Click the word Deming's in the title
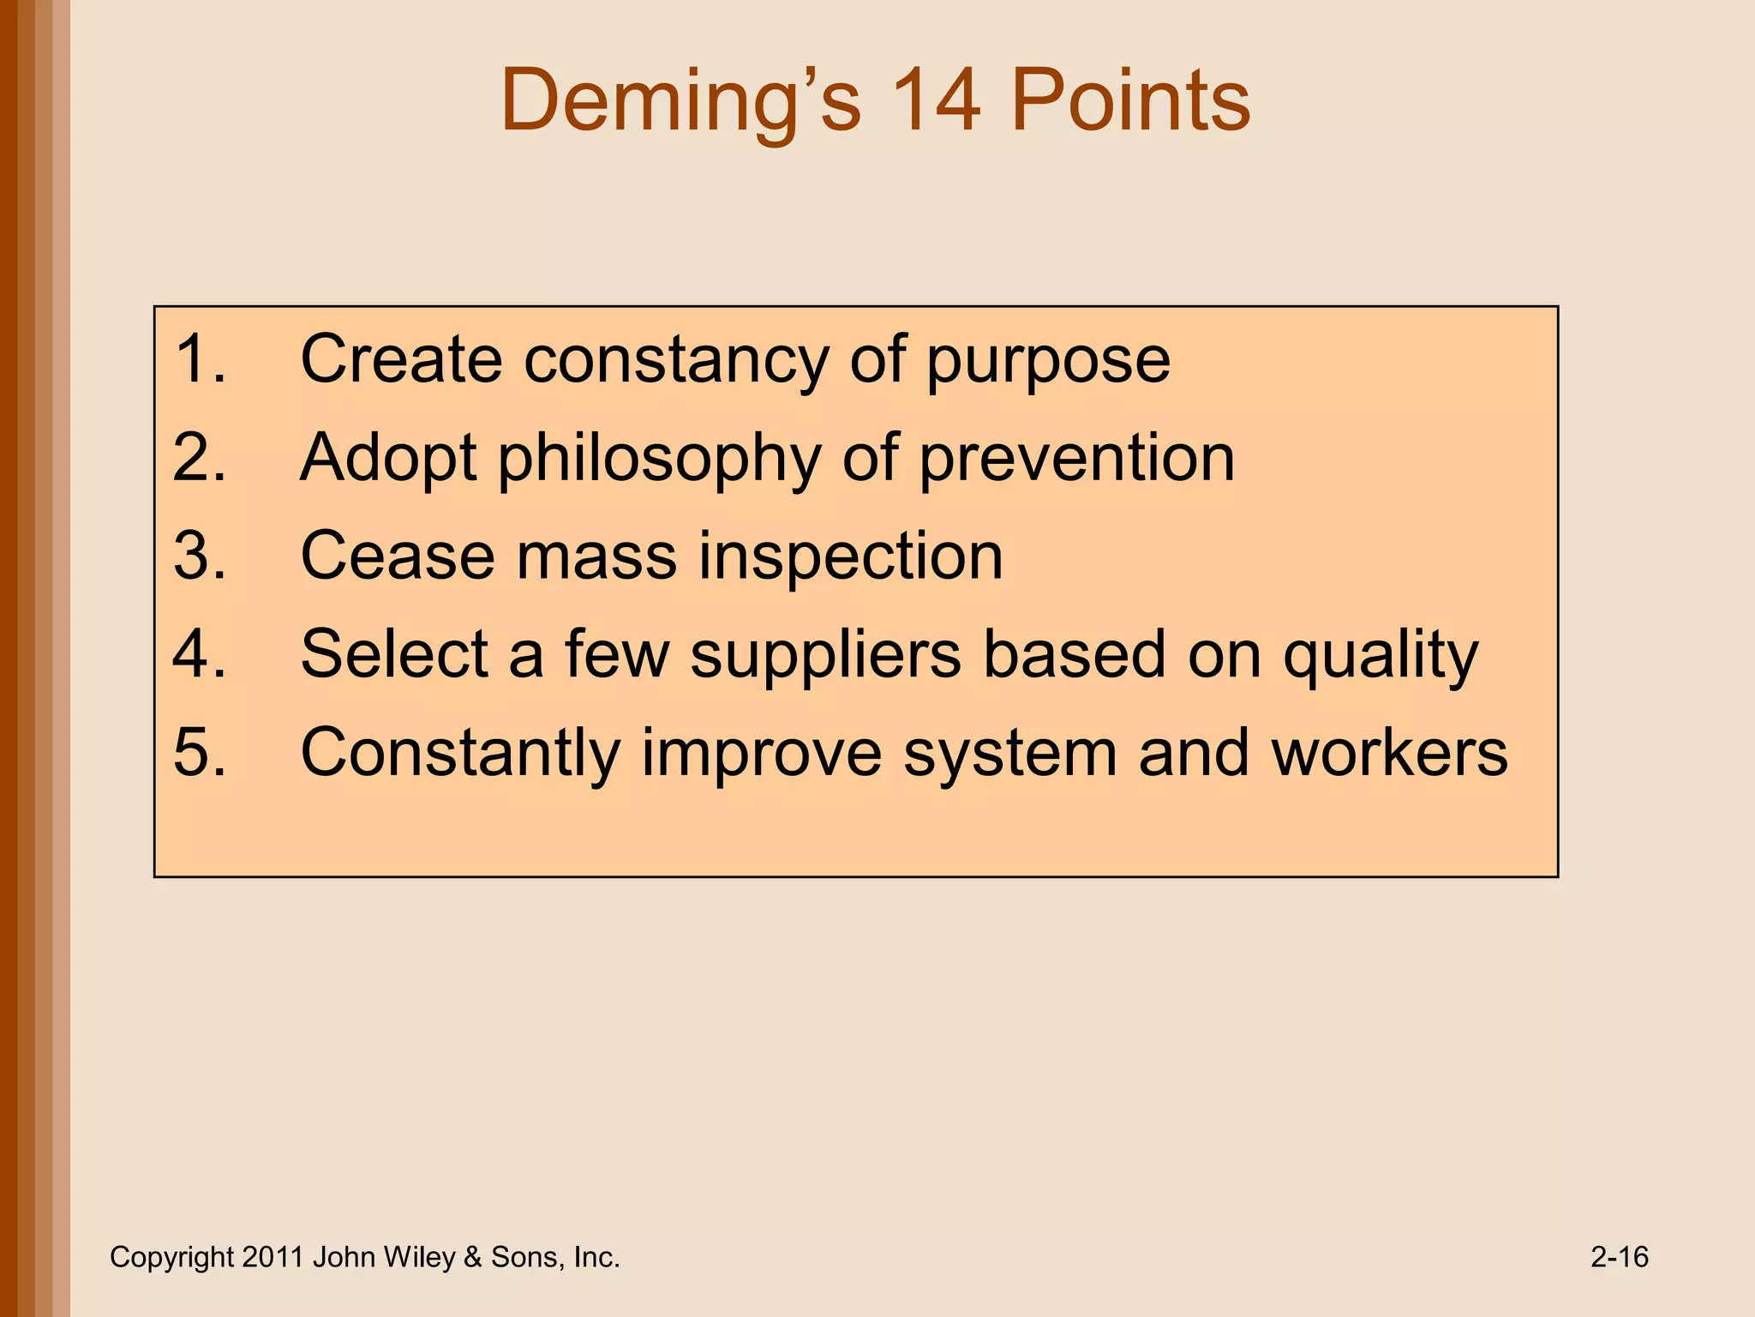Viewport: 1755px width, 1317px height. tap(680, 101)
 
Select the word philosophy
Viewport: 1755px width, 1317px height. tap(660, 460)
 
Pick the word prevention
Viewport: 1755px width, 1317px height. tap(1077, 460)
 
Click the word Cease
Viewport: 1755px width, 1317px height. tap(398, 556)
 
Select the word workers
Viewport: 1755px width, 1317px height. tap(1389, 753)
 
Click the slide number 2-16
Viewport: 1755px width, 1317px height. tap(1619, 1257)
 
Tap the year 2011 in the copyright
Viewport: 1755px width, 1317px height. tap(273, 1257)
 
